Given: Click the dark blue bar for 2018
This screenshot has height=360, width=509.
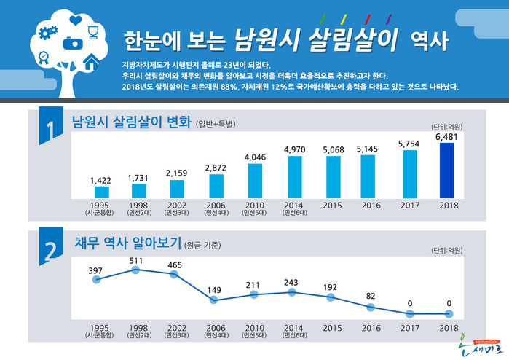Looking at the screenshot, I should (x=447, y=171).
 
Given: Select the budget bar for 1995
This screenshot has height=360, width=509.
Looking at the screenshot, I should (x=102, y=192).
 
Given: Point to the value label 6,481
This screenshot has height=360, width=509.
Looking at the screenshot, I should (x=448, y=136).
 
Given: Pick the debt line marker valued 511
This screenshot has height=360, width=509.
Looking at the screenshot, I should (x=135, y=270).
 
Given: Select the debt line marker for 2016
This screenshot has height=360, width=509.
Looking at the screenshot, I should (x=371, y=307).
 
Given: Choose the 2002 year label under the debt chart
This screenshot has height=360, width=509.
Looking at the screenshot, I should (x=176, y=329).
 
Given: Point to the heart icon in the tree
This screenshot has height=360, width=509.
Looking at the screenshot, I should (x=74, y=20).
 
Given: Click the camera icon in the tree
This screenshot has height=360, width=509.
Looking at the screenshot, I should (x=71, y=43).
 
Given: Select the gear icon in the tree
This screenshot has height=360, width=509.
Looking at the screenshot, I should (x=50, y=32).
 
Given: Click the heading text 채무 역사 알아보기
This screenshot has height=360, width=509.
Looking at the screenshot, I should (x=127, y=243).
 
